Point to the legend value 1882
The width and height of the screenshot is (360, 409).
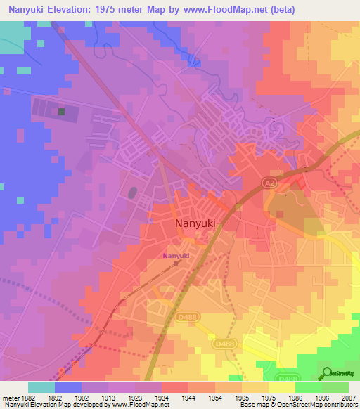coord(28,396)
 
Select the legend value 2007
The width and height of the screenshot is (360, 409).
coord(348,396)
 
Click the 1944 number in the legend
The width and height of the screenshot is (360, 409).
coord(188,396)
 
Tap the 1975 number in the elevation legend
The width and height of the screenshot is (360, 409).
coord(268,396)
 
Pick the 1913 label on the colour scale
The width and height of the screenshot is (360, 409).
coord(108,396)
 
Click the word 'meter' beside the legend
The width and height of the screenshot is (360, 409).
coord(10,396)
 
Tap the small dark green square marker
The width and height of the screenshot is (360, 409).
coord(62,111)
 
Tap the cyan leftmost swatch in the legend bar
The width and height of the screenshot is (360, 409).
coord(41,387)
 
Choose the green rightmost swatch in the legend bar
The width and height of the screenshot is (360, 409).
coord(335,387)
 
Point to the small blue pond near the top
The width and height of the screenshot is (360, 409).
coord(195,63)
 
